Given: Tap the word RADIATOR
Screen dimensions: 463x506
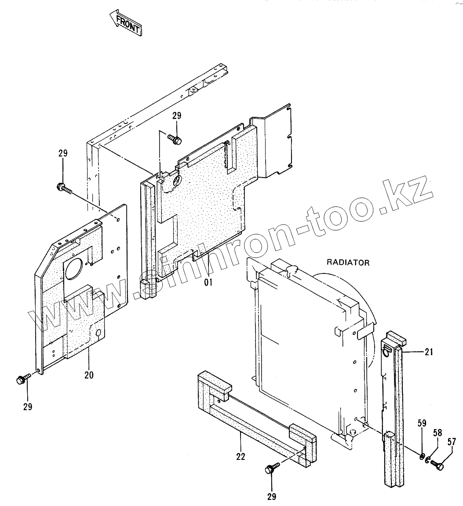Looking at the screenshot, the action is tap(348, 262).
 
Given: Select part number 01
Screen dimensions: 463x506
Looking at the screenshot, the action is tap(208, 283).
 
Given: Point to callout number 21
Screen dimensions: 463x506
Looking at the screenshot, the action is tap(429, 351).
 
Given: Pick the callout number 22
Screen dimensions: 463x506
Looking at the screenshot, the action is tap(240, 456).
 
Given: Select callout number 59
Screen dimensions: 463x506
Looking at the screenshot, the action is tap(422, 424).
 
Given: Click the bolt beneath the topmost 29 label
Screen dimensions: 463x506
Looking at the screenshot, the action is tap(175, 139).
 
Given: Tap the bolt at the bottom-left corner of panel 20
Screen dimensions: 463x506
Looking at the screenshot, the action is tap(22, 379).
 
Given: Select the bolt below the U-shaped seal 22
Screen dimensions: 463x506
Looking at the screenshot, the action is tap(271, 469).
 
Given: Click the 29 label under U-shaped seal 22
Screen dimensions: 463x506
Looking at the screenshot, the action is tap(271, 497).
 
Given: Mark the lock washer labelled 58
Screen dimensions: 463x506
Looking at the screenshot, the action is tap(429, 460).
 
